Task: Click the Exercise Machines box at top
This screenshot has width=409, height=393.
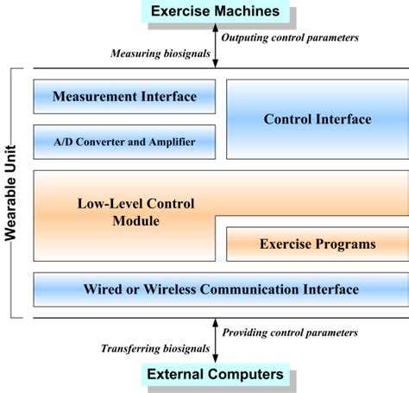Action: (215, 12)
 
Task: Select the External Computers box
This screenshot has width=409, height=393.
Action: (215, 375)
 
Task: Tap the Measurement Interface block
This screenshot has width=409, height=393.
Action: (123, 96)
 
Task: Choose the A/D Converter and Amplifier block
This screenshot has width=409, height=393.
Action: (123, 142)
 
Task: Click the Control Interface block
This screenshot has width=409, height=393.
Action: (317, 119)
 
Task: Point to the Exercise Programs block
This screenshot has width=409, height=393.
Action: (317, 244)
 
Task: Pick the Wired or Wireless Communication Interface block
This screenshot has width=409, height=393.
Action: (220, 289)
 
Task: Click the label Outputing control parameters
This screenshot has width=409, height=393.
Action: (289, 38)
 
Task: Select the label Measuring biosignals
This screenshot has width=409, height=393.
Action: (160, 54)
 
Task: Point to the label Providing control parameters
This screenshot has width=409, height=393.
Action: (289, 333)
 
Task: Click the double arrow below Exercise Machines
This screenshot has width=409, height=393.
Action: (215, 45)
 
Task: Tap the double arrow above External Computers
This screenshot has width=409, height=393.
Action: (215, 340)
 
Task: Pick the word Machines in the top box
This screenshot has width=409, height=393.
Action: (249, 12)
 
